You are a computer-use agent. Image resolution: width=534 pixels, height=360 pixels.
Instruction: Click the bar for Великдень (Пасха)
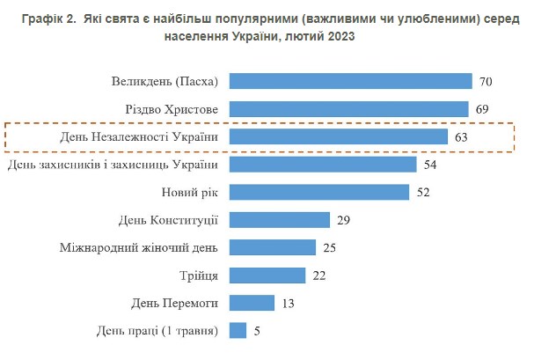[349, 81]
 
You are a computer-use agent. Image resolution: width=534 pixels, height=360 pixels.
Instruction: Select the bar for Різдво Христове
[347, 109]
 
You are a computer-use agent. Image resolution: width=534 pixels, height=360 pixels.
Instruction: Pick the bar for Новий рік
[318, 192]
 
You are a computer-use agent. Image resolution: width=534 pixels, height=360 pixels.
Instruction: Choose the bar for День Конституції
[279, 219]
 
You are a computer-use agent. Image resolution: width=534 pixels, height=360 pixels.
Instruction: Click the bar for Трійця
[267, 275]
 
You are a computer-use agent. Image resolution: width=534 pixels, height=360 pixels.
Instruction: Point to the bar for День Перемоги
[252, 303]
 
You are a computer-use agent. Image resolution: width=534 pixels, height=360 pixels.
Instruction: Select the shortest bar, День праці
[237, 330]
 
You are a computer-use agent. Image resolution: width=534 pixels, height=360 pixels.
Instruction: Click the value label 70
[486, 82]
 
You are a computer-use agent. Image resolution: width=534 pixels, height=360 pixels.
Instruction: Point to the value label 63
[462, 137]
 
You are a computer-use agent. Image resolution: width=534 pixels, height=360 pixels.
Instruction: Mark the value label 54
[431, 165]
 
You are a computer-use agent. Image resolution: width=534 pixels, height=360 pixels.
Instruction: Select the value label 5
[257, 331]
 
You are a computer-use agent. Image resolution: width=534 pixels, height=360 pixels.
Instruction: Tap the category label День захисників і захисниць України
[113, 165]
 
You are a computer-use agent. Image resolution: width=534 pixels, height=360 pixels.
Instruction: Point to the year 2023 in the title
[341, 38]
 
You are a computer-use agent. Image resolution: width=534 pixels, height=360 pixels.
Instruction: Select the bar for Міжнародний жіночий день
[273, 247]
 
